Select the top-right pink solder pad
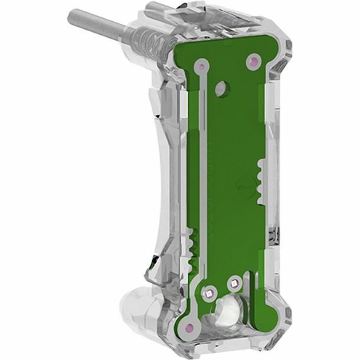point(254,60)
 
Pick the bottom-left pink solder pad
point(188,326)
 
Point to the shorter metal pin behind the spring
point(155,8)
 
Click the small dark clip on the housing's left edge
point(153,260)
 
